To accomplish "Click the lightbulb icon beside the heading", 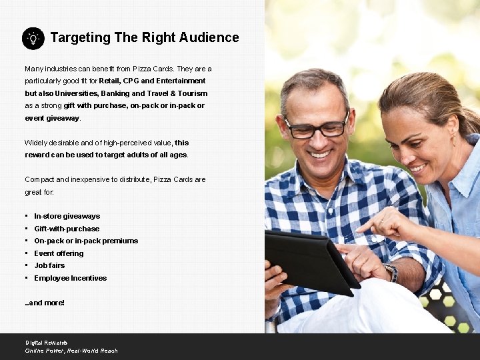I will tap(33, 38).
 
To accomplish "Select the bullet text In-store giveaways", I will tap(67, 216).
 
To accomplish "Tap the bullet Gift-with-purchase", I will tap(67, 229).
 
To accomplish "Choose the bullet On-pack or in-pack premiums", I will tap(86, 241).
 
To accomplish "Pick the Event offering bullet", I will tap(59, 253).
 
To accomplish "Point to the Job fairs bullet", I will tap(49, 265).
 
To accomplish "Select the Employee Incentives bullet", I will tap(70, 278).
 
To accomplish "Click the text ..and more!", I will tap(45, 303).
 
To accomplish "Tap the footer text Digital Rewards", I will tap(47, 343).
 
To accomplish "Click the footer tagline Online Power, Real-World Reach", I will tap(71, 351).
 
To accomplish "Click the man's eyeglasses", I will tap(315, 127).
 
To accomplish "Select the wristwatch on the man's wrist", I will tap(391, 272).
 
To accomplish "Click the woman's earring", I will tap(454, 141).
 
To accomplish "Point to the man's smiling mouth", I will tap(320, 155).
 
